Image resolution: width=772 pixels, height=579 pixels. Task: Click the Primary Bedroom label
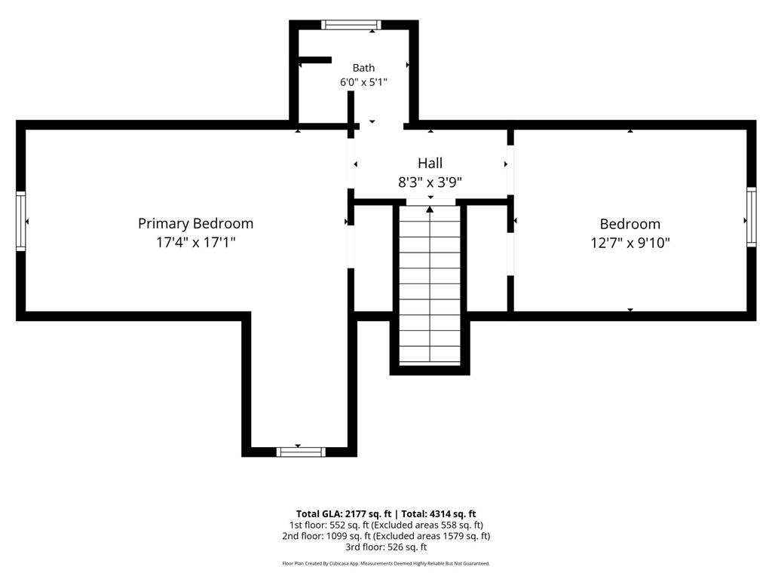(x=195, y=223)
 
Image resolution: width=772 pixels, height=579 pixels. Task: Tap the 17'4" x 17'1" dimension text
(x=195, y=242)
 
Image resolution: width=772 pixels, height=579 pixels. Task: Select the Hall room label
(x=430, y=163)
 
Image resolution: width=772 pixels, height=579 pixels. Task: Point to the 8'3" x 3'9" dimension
(x=430, y=182)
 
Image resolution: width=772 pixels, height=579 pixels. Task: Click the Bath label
(x=363, y=68)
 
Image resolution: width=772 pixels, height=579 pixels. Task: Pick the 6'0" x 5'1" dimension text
(x=363, y=82)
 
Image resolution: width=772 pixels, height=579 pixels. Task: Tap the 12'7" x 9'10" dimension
(x=630, y=243)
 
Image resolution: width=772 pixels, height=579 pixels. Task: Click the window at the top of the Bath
(x=351, y=25)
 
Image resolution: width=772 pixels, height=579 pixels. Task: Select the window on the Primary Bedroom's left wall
(x=20, y=221)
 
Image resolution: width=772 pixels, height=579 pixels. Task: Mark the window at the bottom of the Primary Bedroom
(x=300, y=452)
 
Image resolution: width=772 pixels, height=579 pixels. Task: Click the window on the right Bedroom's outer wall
(x=752, y=216)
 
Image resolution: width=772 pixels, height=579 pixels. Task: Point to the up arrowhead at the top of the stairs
(x=430, y=210)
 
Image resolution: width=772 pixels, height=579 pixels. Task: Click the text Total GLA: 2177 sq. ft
(x=344, y=514)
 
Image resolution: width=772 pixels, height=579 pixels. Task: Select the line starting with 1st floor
(x=386, y=525)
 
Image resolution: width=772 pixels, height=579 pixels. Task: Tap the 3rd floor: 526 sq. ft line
(x=386, y=547)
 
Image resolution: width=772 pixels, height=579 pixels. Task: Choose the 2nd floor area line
(x=386, y=536)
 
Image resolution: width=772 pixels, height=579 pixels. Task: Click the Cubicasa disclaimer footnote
(x=386, y=564)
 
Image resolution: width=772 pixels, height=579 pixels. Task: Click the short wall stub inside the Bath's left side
(x=315, y=60)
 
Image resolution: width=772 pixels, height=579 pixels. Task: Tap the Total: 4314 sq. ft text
(x=439, y=514)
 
